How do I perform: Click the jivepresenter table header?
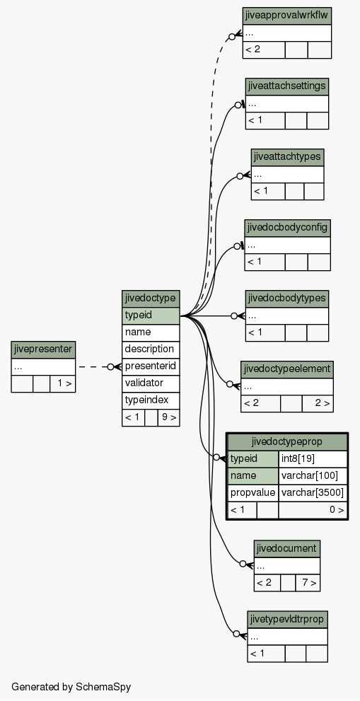point(43,349)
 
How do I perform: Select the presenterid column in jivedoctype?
point(151,366)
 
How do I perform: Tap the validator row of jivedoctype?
point(151,383)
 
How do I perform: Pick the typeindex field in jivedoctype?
point(151,400)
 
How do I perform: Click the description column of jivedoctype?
point(151,349)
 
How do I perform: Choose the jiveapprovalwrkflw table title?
point(287,16)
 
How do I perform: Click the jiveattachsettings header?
point(287,87)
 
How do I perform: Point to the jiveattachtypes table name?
point(287,157)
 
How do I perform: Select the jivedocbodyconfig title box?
point(287,228)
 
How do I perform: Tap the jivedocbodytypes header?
point(287,299)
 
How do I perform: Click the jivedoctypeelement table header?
point(287,369)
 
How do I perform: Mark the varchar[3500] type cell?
point(313,492)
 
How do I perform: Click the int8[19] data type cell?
point(313,458)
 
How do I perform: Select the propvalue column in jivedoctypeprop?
point(252,492)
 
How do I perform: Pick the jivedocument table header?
point(287,548)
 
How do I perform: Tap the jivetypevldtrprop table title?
point(287,620)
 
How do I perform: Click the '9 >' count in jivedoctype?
point(168,417)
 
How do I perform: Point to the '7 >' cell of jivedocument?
point(308,583)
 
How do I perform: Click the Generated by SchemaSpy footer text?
point(71,687)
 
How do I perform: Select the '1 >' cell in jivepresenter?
point(63,383)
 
